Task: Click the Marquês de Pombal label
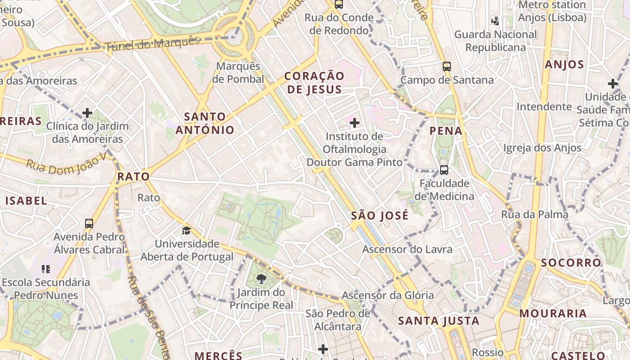(238, 72)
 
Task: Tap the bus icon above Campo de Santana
(446, 67)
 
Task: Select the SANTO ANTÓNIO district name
(205, 123)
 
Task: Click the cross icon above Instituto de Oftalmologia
(355, 122)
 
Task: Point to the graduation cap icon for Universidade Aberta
(186, 231)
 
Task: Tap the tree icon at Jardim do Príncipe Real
(261, 279)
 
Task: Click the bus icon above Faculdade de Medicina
(444, 170)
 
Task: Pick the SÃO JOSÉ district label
(380, 216)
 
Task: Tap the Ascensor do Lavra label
(407, 249)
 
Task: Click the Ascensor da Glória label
(388, 295)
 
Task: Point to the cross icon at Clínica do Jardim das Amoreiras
(87, 113)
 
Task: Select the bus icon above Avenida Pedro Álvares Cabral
(89, 223)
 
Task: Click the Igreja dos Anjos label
(542, 148)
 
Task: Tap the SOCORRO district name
(571, 263)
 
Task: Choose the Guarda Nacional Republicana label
(495, 41)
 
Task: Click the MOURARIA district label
(553, 314)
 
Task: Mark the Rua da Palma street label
(535, 215)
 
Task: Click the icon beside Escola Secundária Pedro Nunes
(45, 269)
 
